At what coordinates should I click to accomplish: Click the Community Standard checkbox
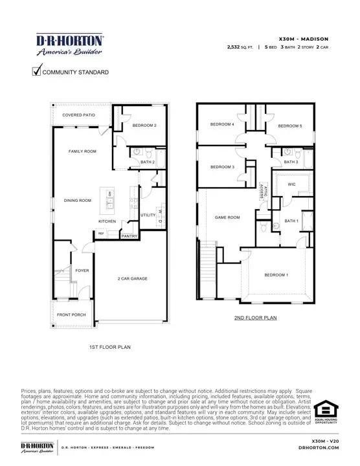[37, 72]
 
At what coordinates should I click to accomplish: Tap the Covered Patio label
[79, 115]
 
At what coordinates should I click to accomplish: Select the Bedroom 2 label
[144, 126]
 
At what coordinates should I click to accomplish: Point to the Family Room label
[82, 151]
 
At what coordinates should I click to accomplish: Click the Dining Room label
[77, 201]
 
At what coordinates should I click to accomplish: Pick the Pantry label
[129, 236]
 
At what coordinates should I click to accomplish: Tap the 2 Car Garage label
[132, 279]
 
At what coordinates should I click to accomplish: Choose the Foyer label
[82, 271]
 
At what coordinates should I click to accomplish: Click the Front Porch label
[71, 315]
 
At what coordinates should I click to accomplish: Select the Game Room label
[227, 217]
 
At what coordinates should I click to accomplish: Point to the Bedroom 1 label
[276, 275]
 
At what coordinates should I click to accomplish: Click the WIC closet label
[292, 184]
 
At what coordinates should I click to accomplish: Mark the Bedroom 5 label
[289, 126]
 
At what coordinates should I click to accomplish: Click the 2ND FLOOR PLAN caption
[255, 318]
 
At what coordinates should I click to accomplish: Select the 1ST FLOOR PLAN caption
[109, 348]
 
